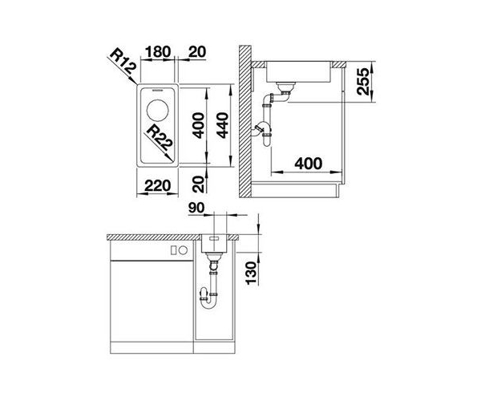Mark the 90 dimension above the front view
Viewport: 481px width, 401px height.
click(x=198, y=209)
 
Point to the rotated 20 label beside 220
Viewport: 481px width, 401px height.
click(x=199, y=184)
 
